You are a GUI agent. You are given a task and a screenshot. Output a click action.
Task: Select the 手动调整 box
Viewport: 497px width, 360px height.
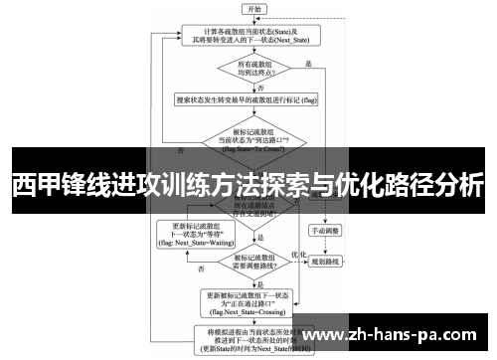pyautogui.click(x=325, y=230)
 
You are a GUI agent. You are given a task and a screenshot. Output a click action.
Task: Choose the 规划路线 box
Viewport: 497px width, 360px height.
pyautogui.click(x=325, y=261)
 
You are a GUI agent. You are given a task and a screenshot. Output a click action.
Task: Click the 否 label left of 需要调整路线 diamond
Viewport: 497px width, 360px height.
pyautogui.click(x=202, y=270)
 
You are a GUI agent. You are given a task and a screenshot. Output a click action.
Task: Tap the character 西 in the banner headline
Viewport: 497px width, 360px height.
pyautogui.click(x=22, y=186)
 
